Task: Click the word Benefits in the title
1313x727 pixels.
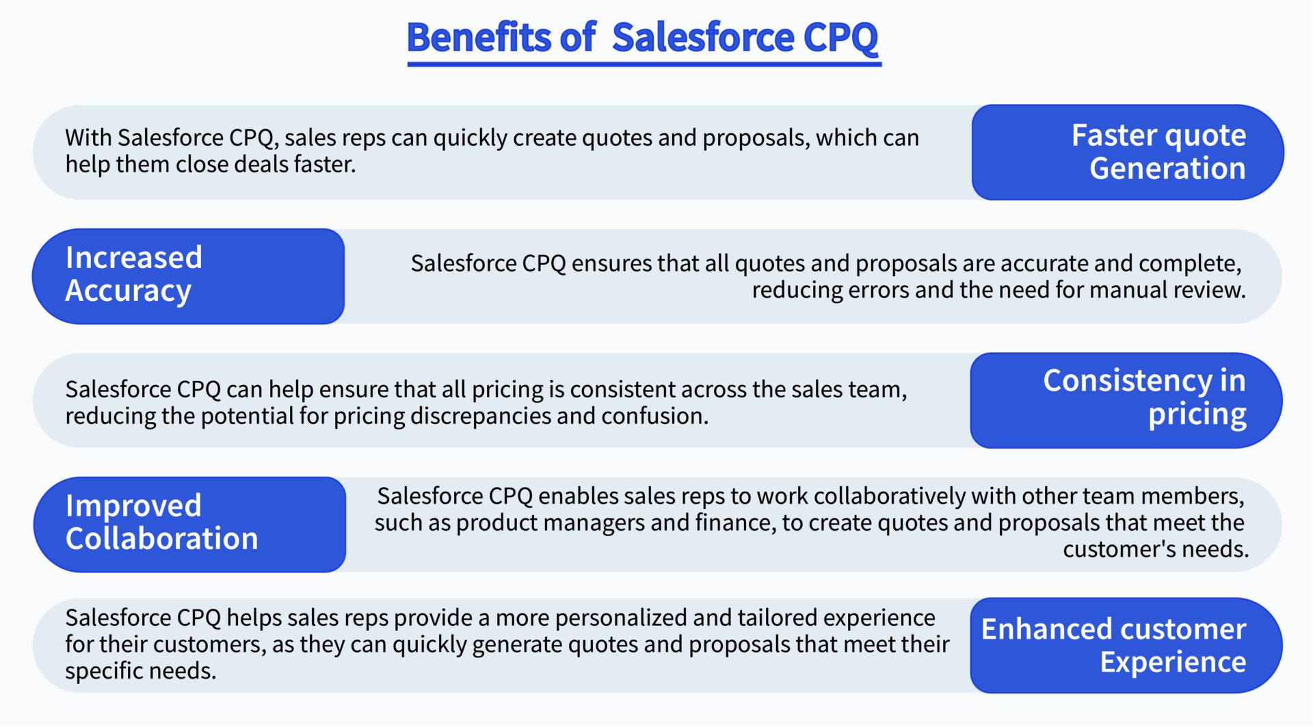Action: tap(478, 37)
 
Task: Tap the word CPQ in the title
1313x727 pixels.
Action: tap(840, 37)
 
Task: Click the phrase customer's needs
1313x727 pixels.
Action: tap(1156, 549)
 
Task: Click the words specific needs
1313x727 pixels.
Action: tap(140, 671)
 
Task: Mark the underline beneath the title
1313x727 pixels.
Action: tap(644, 64)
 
